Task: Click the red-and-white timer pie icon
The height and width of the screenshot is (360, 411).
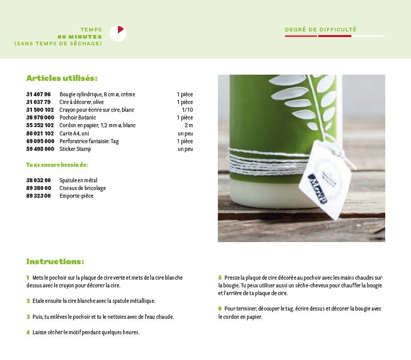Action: (x=118, y=33)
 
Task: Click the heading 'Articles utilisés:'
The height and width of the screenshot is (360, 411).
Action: (x=62, y=78)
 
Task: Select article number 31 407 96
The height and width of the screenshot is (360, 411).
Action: (x=39, y=95)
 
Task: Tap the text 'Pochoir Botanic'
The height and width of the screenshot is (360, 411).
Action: (x=78, y=118)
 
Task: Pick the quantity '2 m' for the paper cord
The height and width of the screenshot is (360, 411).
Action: (x=189, y=126)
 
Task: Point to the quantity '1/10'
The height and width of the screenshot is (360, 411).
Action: (x=187, y=110)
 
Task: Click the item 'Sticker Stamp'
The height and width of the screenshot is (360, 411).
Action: (x=75, y=149)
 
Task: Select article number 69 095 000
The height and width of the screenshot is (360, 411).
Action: (x=40, y=141)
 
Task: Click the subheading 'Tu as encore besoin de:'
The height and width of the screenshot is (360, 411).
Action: (x=57, y=165)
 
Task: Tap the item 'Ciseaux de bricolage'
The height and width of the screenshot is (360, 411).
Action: (x=83, y=188)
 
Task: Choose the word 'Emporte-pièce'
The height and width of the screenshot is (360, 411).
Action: (x=77, y=196)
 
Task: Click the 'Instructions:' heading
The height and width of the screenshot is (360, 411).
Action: (x=55, y=262)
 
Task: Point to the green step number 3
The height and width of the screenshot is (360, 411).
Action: (x=28, y=317)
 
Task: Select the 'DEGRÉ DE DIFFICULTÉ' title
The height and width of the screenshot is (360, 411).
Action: (x=320, y=30)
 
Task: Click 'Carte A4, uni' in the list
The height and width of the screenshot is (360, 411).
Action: (x=74, y=133)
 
